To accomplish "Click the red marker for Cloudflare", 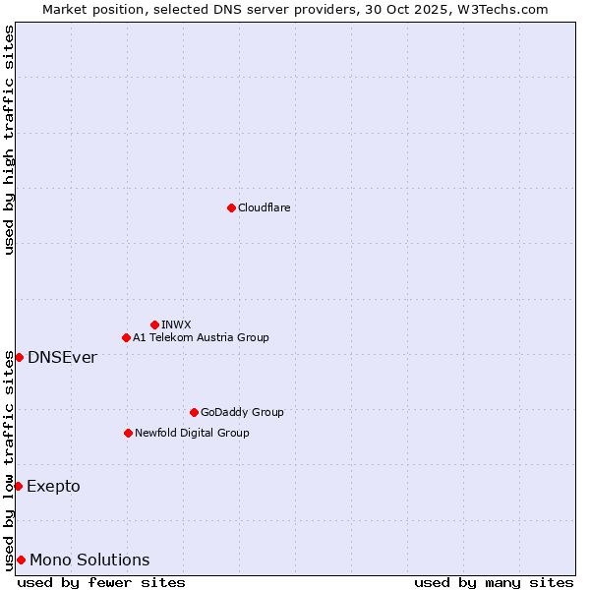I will [x=231, y=207].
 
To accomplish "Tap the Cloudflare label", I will [x=264, y=207].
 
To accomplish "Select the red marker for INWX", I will [x=154, y=324].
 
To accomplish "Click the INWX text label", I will [x=176, y=324].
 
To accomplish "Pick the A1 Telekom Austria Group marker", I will [x=126, y=337].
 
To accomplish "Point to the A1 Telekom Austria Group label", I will [x=201, y=337].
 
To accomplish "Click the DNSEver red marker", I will [x=19, y=357].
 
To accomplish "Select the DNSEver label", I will [x=62, y=357].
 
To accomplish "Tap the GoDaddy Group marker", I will [x=194, y=412].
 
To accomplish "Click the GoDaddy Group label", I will [x=241, y=412].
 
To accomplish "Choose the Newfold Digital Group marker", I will [x=128, y=433].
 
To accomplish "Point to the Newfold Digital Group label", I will [x=192, y=433].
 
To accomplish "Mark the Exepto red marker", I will [x=18, y=486].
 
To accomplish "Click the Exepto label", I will [x=53, y=486].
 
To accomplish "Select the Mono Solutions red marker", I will [x=21, y=560].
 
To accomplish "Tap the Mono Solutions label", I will [x=89, y=560].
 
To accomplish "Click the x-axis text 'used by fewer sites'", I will [x=101, y=582].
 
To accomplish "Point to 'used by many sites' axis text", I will [x=494, y=582].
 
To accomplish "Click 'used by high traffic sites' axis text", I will [x=9, y=140].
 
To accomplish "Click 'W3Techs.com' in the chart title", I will [x=500, y=9].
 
